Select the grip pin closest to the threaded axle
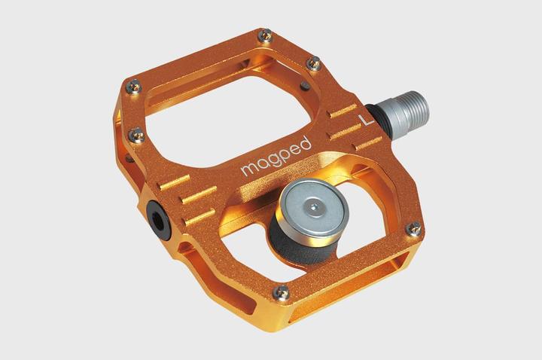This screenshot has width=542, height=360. point(315,64)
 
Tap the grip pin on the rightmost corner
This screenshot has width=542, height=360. point(413,228)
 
